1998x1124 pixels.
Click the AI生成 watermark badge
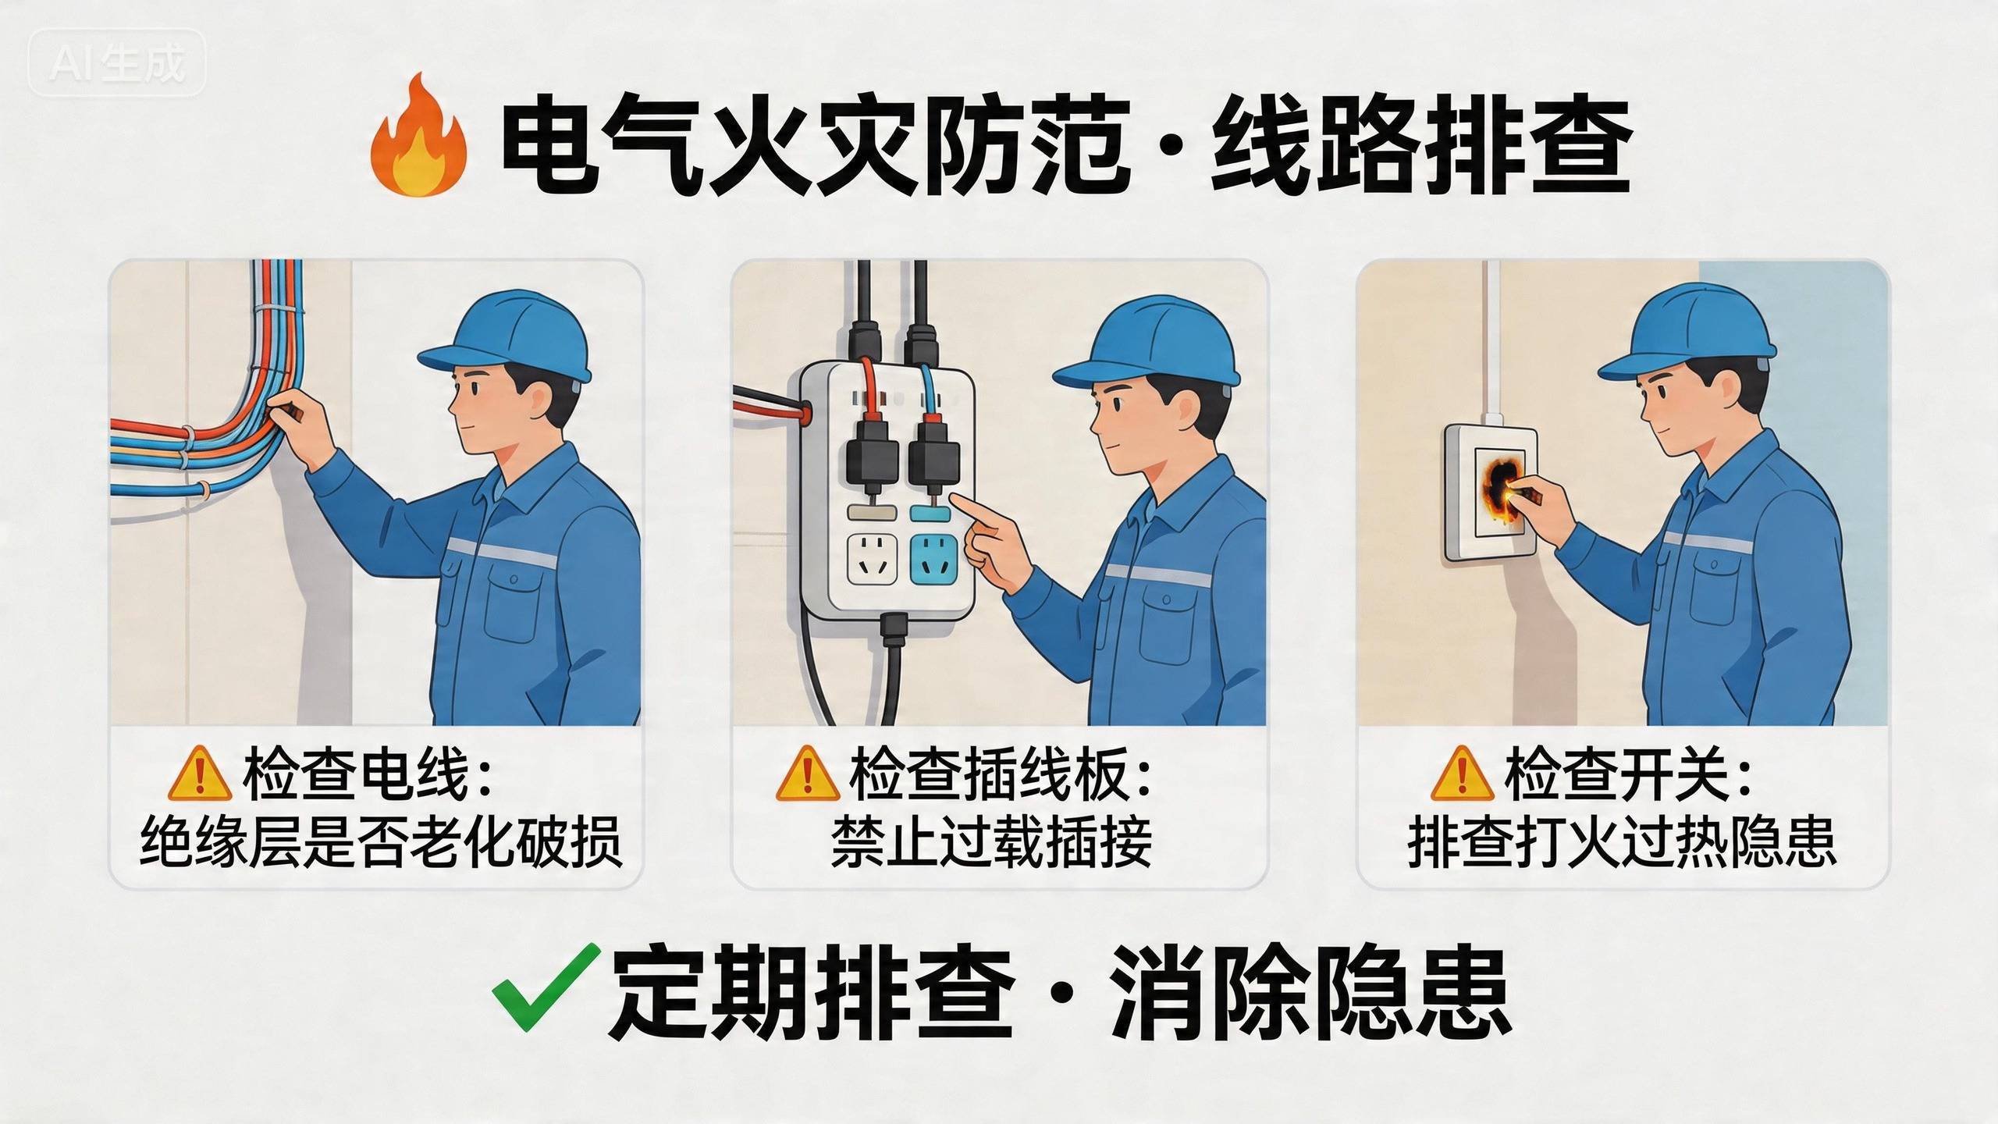pos(117,62)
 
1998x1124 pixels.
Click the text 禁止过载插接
pos(991,841)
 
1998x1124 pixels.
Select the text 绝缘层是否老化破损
pos(381,841)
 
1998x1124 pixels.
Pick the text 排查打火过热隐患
pos(1622,841)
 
